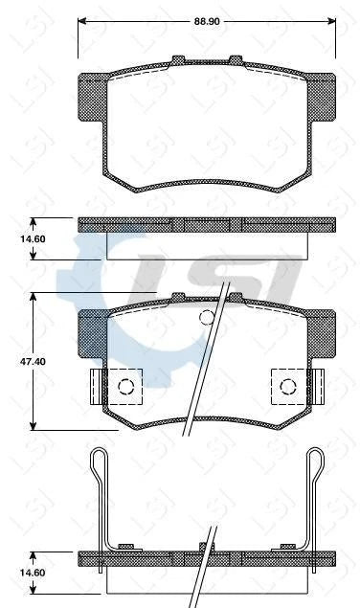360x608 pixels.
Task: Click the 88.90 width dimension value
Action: [x=208, y=18]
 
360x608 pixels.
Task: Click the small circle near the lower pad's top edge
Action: [x=205, y=319]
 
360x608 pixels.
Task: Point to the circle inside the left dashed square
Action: [x=124, y=387]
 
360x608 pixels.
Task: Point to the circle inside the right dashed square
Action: [x=289, y=387]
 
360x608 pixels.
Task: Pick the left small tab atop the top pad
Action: [x=178, y=60]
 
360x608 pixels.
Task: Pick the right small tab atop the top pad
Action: [x=235, y=60]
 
